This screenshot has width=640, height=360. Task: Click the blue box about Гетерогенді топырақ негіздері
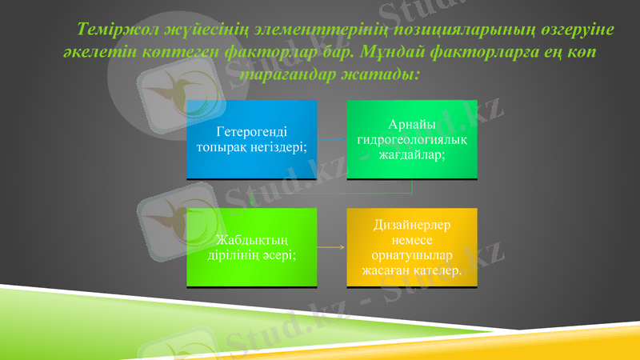point(251,139)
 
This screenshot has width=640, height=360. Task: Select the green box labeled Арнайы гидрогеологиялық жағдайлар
point(411,139)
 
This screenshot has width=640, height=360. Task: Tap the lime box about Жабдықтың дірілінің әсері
point(251,247)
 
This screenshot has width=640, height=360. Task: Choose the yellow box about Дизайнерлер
point(411,247)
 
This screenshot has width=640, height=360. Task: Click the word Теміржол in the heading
point(109,30)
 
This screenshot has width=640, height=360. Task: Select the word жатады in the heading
point(384,73)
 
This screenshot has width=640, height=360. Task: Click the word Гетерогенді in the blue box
point(252,133)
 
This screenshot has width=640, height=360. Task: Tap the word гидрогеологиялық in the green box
point(411,140)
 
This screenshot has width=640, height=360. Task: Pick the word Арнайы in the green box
point(411,126)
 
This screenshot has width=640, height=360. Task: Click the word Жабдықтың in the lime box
point(252,241)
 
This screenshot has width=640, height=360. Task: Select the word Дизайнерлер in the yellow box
point(411,226)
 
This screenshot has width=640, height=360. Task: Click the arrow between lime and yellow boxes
point(331,247)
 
